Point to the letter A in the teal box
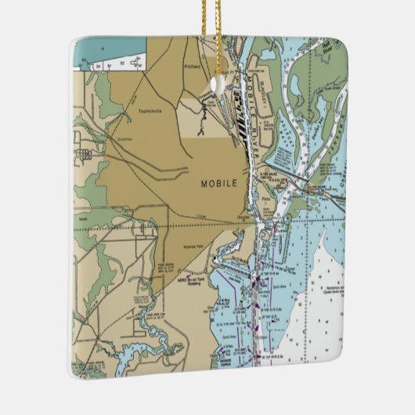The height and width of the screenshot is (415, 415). (x=100, y=48)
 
